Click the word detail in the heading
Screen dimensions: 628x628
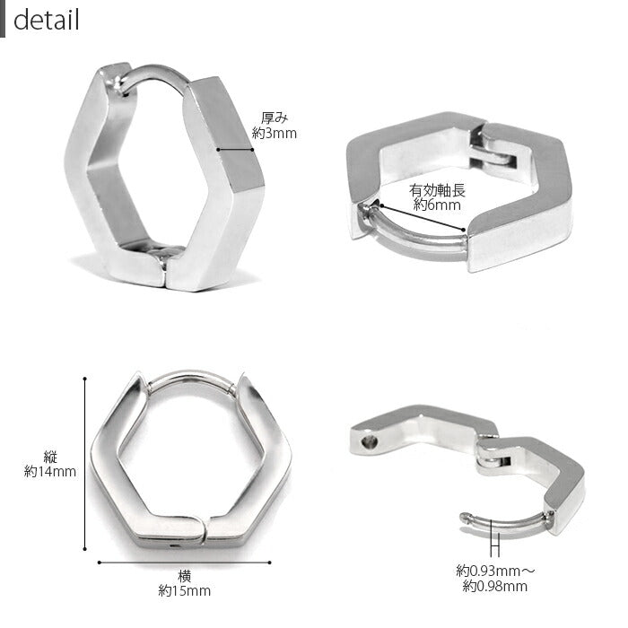click(x=46, y=20)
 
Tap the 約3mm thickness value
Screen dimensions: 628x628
click(x=275, y=133)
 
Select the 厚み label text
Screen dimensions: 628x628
click(x=275, y=118)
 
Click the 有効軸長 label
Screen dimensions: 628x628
click(x=437, y=190)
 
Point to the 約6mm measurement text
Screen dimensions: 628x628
click(x=437, y=205)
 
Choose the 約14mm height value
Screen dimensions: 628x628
click(x=50, y=471)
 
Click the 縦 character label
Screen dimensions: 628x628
click(x=50, y=457)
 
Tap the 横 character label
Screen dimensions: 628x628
click(x=185, y=576)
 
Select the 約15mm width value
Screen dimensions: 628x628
click(x=185, y=590)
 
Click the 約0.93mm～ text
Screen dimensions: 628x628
click(x=495, y=571)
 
